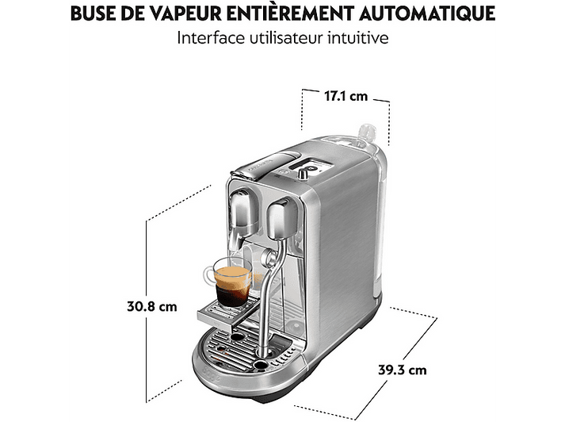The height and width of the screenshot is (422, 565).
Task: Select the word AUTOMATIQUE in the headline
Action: click(427, 13)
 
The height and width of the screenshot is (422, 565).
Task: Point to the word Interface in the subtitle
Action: click(211, 38)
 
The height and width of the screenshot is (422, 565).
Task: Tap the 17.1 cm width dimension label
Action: click(346, 96)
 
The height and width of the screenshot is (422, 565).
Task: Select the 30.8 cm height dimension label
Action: click(152, 306)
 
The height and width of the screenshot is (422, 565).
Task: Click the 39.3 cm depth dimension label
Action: click(402, 370)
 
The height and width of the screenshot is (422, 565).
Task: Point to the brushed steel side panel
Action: click(342, 245)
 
